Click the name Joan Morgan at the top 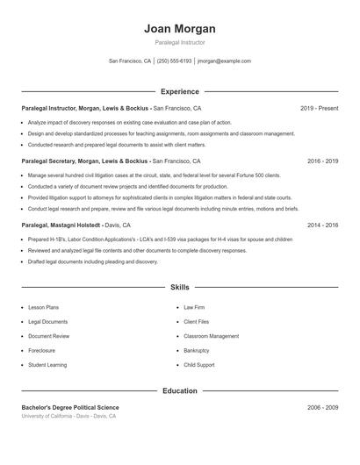179,28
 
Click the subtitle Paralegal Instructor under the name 179,42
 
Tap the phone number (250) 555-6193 174,61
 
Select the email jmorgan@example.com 224,61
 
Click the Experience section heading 179,91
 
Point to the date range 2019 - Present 319,108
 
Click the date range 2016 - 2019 322,161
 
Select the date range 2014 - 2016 322,225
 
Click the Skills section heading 179,287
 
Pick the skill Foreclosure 42,350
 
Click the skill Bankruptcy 197,350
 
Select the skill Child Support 198,364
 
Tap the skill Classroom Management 211,336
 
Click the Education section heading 179,390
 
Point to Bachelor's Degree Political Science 70,408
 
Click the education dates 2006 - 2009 322,408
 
